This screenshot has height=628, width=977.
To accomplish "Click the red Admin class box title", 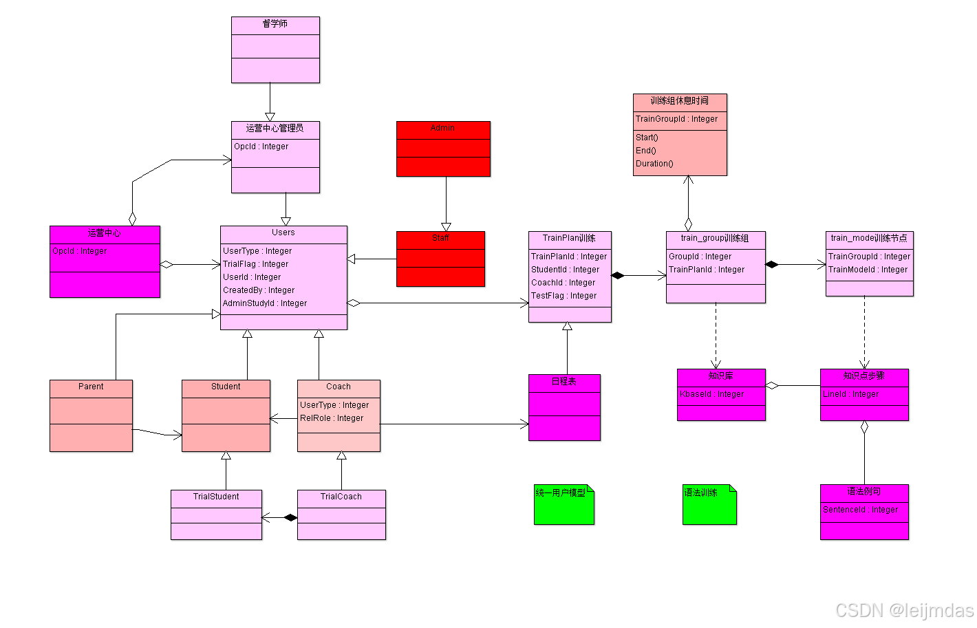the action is point(442,129).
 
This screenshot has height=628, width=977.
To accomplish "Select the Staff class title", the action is point(441,238).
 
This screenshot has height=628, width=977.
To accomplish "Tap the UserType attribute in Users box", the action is point(257,251).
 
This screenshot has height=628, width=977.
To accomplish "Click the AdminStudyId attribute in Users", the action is point(265,303).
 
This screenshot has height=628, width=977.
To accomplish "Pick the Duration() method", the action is point(654,164).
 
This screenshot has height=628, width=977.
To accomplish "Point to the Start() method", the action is point(647,138).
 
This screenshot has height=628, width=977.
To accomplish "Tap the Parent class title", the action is point(91,387).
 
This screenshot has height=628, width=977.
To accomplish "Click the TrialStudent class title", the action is point(216,497).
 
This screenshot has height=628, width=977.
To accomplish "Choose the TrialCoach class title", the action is point(341,497).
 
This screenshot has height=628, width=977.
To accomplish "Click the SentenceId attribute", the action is point(861,510).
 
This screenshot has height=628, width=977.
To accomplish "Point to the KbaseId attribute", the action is point(712,394).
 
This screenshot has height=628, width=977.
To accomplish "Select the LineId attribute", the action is point(851,394).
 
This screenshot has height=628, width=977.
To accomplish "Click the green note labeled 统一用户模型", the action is point(563,505).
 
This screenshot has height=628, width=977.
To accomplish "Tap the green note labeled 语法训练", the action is point(709,505).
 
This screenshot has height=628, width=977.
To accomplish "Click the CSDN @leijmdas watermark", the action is point(904,610).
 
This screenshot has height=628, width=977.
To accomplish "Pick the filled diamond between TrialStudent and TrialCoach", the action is point(290,517).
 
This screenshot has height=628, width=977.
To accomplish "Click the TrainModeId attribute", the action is point(868,270).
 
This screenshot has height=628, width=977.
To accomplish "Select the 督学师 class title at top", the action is point(275,24).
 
